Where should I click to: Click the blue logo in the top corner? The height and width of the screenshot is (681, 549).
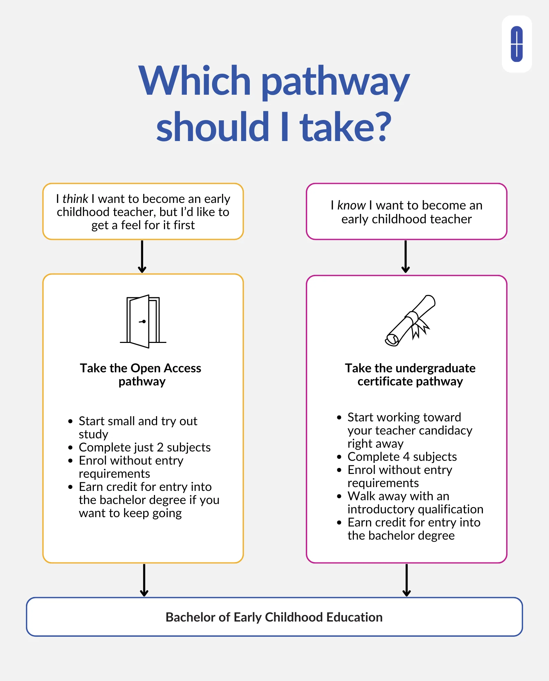click(516, 44)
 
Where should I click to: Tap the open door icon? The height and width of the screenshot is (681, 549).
click(143, 321)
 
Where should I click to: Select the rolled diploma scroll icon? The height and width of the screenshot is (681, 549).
click(410, 320)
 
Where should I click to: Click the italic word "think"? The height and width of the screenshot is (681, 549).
click(75, 199)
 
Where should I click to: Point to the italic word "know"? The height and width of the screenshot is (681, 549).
click(351, 205)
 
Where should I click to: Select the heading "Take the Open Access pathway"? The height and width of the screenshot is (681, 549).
click(141, 375)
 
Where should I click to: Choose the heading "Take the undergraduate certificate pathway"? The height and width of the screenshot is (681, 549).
click(410, 375)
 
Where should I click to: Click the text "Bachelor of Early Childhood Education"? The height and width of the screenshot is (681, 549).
click(274, 617)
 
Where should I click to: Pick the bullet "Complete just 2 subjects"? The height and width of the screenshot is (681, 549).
click(145, 447)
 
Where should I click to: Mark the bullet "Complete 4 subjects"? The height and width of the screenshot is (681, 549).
click(402, 457)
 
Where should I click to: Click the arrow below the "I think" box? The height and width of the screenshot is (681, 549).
click(142, 256)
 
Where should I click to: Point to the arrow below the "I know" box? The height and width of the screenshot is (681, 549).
click(406, 256)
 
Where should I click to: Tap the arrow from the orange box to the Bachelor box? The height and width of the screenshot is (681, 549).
click(144, 580)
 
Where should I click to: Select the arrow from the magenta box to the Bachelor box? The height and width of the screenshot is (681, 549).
click(407, 580)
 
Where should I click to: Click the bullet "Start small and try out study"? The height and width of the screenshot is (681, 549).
click(138, 427)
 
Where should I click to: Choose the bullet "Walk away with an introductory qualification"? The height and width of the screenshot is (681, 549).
click(415, 503)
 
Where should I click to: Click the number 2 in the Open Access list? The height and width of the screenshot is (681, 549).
click(160, 447)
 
